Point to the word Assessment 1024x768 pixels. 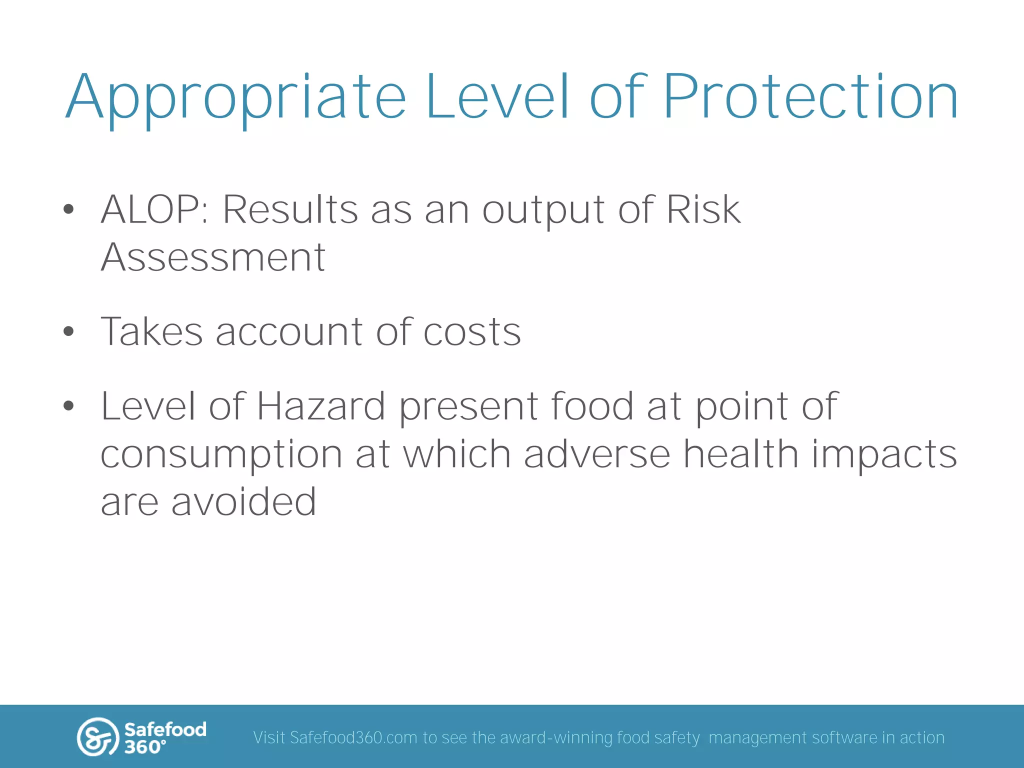click(x=213, y=257)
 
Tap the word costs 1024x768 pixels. click(x=472, y=332)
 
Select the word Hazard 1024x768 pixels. click(x=320, y=405)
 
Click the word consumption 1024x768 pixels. click(x=221, y=455)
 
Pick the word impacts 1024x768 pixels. click(x=883, y=455)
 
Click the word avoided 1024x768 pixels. click(x=243, y=501)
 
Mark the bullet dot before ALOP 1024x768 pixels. click(x=69, y=209)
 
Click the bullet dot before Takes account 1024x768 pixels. click(x=69, y=331)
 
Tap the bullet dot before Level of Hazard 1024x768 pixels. click(x=69, y=405)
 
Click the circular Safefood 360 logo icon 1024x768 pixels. click(x=97, y=737)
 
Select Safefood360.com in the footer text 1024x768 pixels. click(x=353, y=737)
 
